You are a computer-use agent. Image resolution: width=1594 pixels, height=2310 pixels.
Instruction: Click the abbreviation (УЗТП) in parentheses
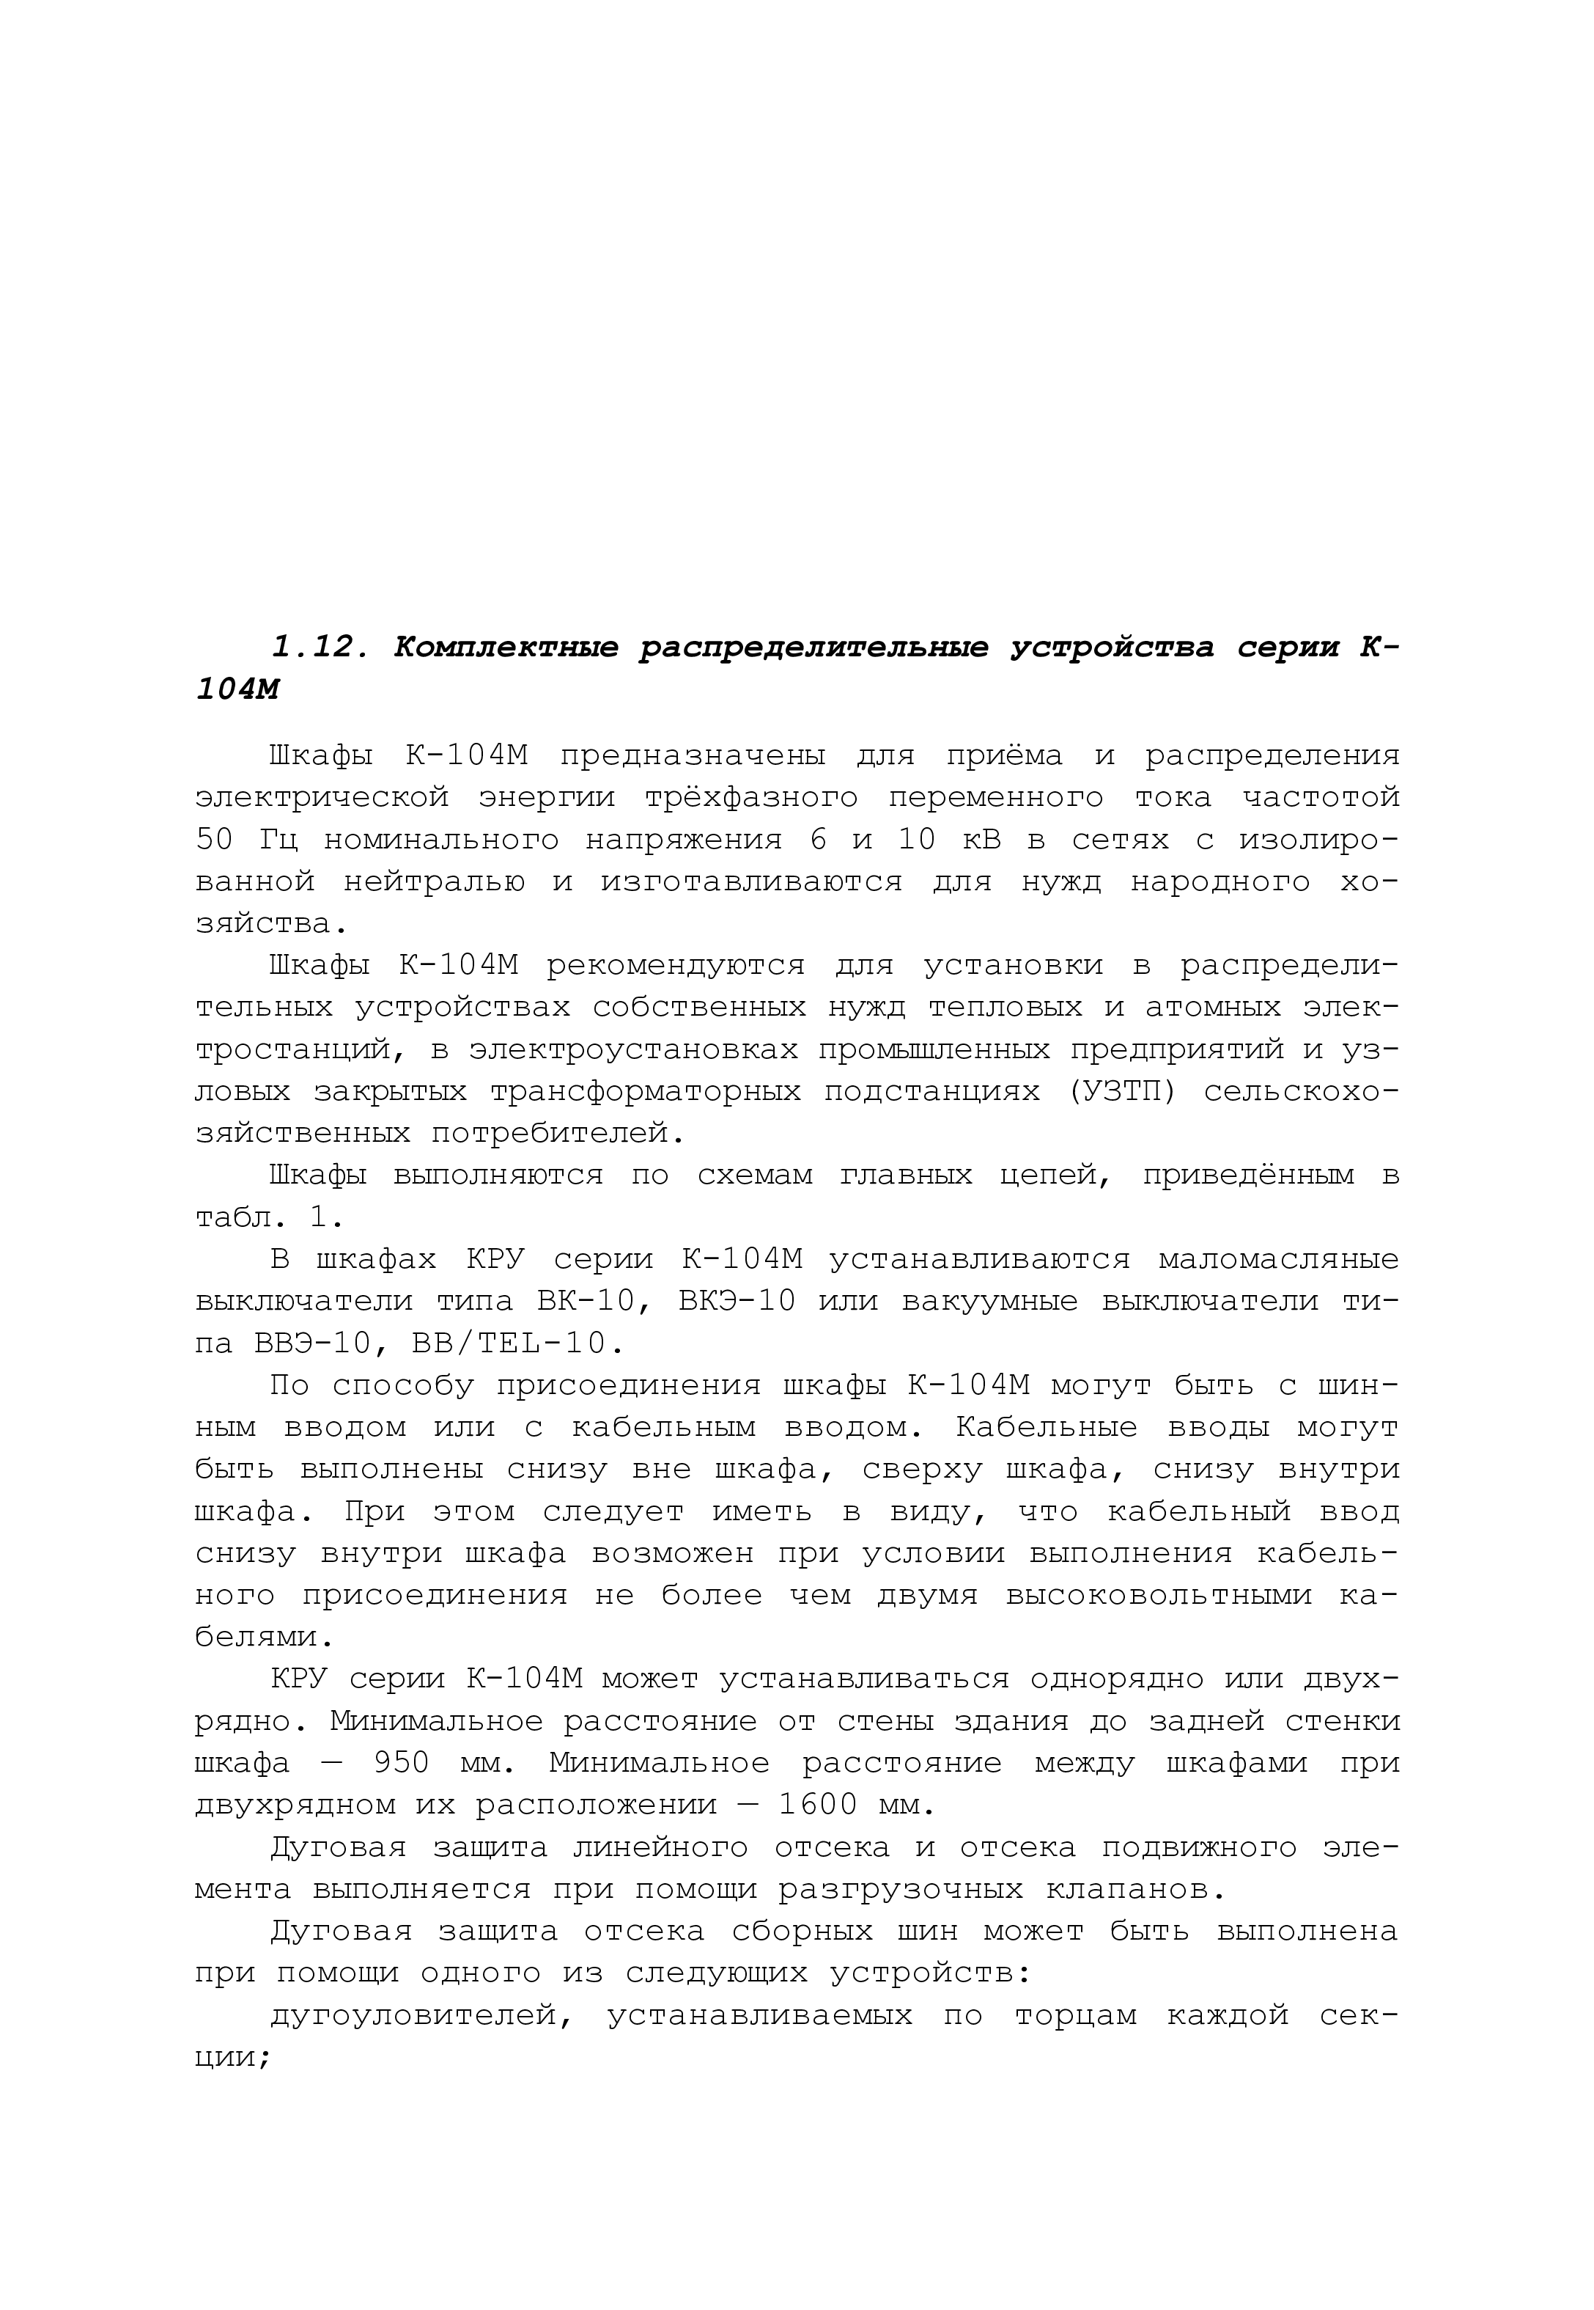tap(1123, 1092)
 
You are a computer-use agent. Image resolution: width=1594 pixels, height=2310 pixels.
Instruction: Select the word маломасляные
tap(1278, 1260)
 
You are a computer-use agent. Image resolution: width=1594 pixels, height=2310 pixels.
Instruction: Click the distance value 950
tap(402, 1764)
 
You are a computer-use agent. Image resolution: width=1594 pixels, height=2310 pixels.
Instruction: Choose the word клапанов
tap(1134, 1889)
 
